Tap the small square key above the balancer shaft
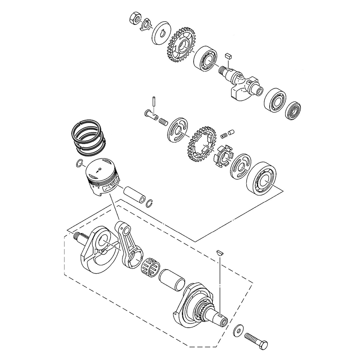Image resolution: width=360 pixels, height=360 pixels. coord(227,55)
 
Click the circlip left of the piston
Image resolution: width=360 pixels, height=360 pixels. coord(80,164)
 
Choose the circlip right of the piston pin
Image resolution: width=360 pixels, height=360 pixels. coord(150,203)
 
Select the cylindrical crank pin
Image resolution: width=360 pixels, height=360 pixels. coord(172,279)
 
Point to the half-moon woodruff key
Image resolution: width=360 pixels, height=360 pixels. coord(220,252)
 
